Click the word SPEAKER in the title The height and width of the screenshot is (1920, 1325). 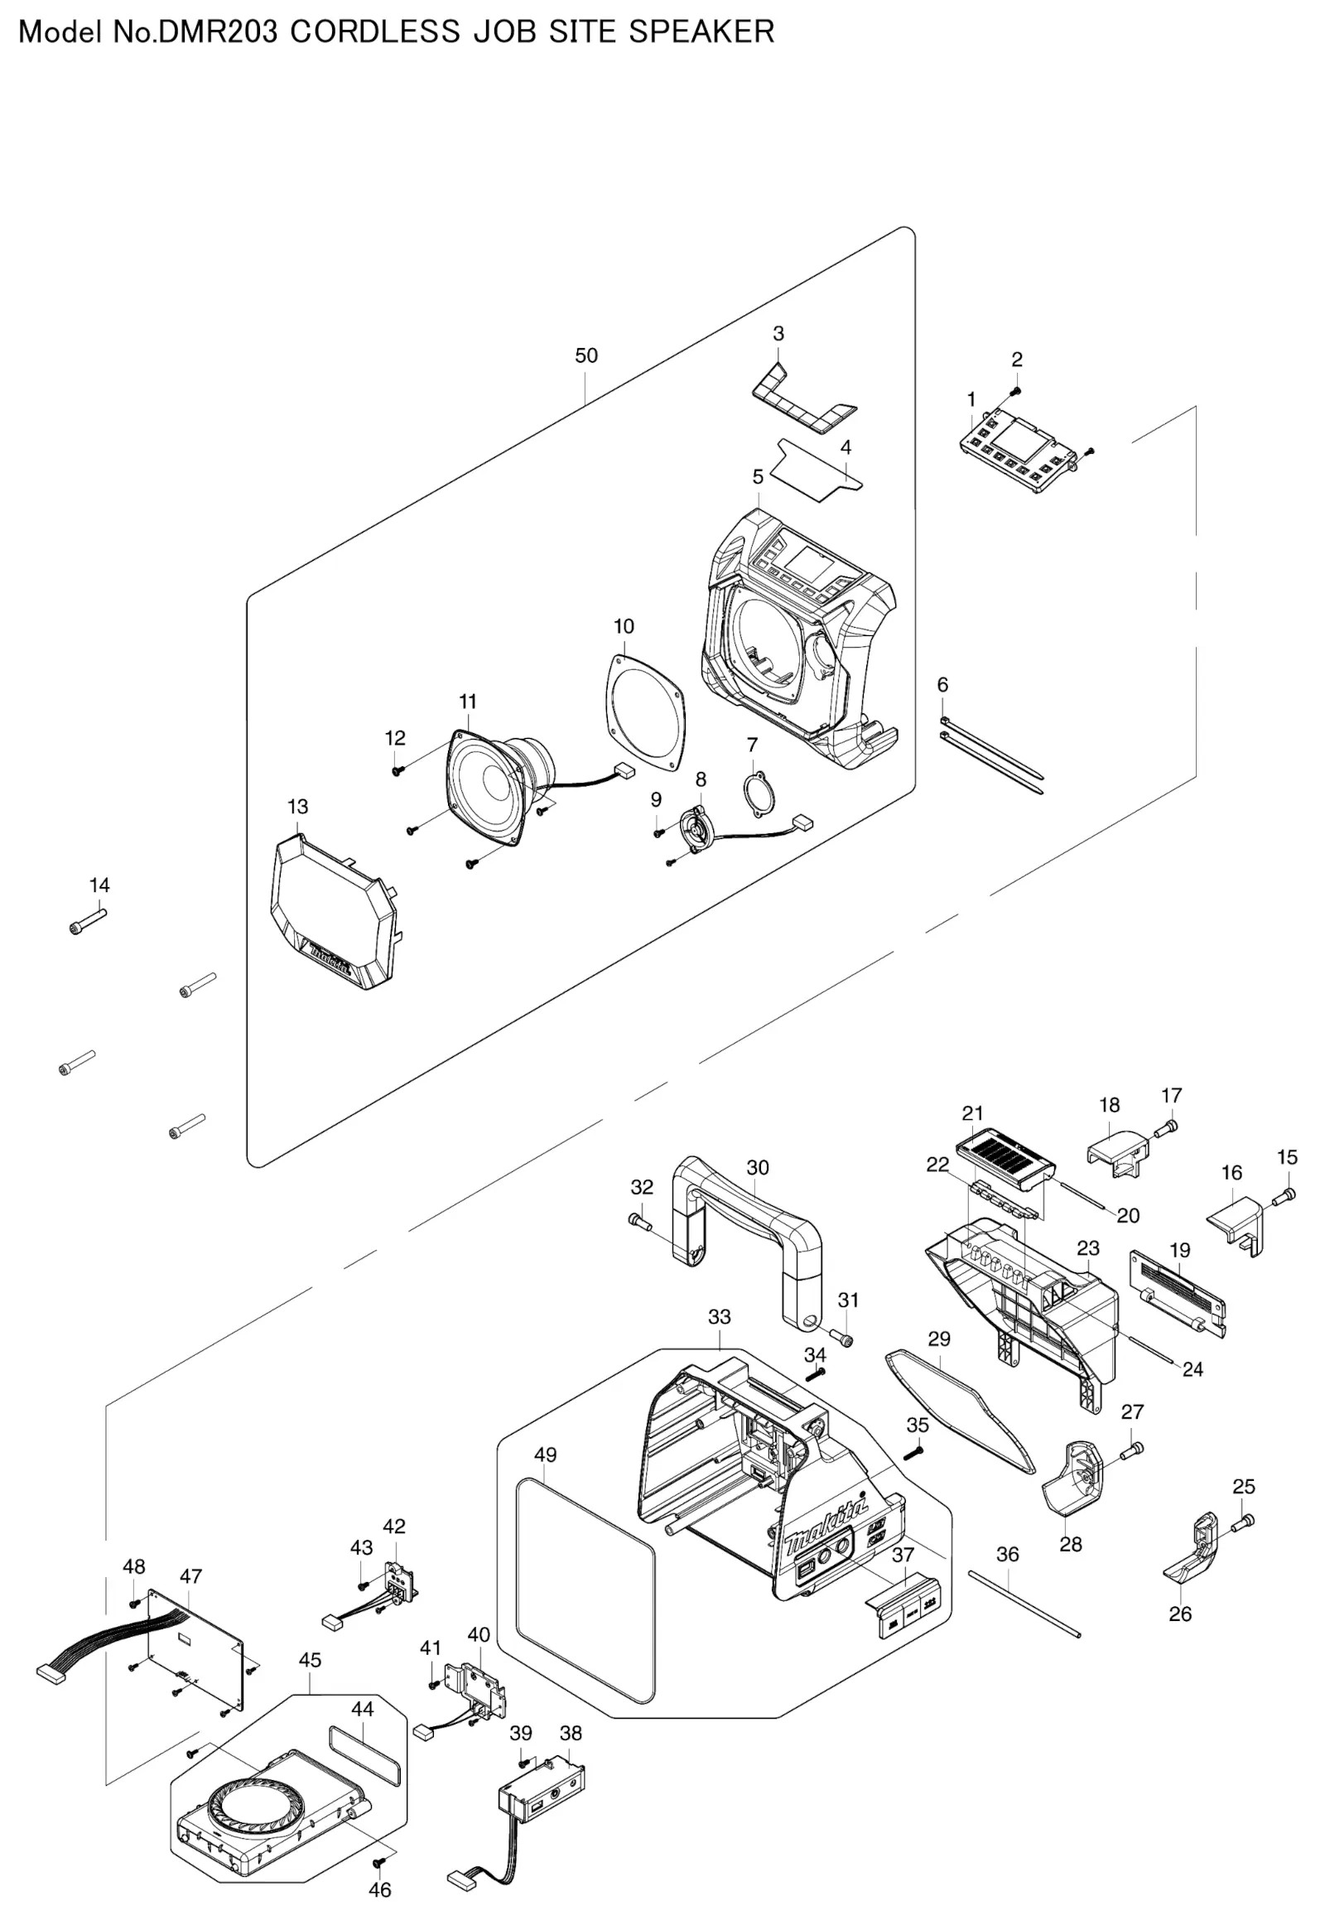click(x=701, y=31)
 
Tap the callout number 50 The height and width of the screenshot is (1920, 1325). click(x=586, y=355)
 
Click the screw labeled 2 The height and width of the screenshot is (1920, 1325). click(x=1014, y=391)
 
